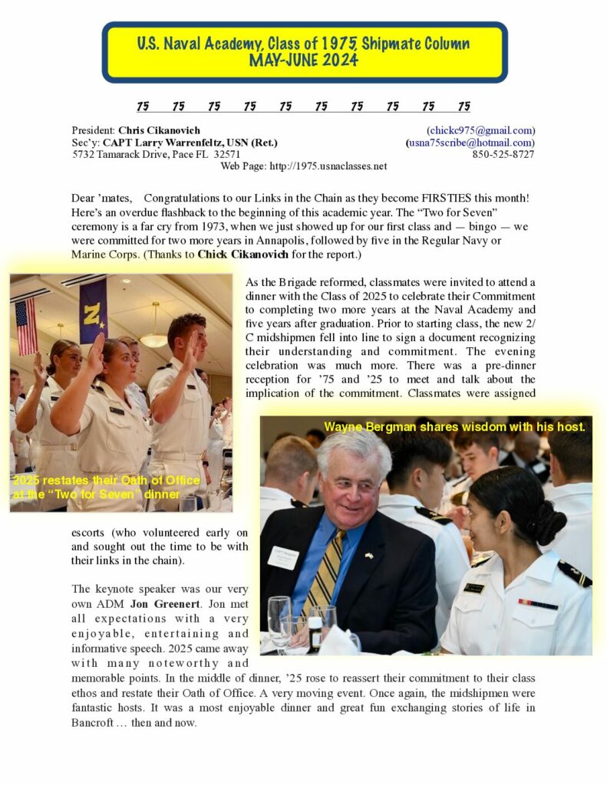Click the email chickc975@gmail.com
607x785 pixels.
coord(482,130)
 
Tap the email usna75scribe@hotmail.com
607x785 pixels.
coord(471,143)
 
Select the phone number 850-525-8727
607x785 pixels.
coord(503,154)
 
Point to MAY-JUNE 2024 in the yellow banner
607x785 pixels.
coord(304,61)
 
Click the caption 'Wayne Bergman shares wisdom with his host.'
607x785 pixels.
coord(454,427)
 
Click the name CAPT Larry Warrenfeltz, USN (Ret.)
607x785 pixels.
coord(190,143)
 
